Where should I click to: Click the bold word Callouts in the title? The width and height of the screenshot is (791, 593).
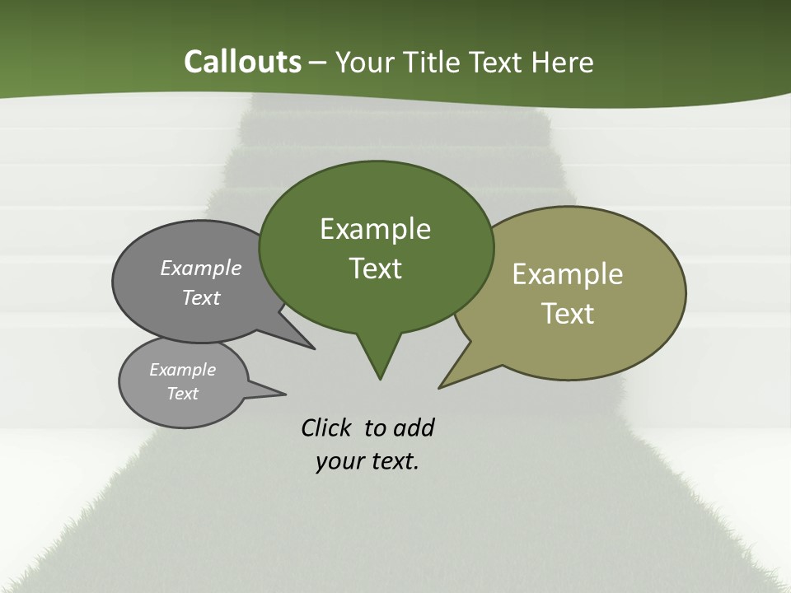[242, 62]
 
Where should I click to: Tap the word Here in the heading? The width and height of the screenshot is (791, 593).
[564, 62]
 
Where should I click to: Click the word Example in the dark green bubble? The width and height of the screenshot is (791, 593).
[375, 229]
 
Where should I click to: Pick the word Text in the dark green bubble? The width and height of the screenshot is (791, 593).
[375, 268]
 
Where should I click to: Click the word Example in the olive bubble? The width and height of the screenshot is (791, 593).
[568, 274]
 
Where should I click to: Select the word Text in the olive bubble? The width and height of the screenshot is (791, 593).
[568, 314]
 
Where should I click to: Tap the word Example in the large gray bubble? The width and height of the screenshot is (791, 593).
[201, 268]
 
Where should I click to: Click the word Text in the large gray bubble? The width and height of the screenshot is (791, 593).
[201, 297]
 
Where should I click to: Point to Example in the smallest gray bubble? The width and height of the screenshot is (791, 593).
[182, 370]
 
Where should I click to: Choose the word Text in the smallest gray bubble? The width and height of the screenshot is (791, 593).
[182, 394]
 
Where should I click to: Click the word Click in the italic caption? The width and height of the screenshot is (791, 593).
[327, 427]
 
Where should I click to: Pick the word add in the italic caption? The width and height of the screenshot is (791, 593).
[414, 427]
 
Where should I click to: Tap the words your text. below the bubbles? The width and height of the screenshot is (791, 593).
[367, 461]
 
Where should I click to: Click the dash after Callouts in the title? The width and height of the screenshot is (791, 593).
[318, 63]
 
